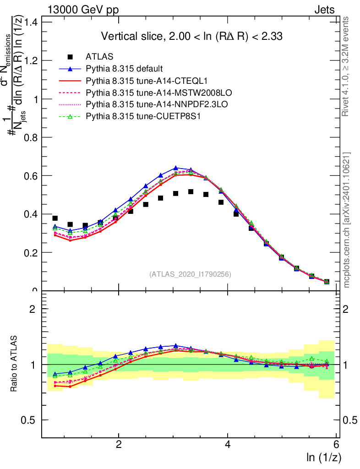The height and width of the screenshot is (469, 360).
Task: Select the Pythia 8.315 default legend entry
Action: point(124,69)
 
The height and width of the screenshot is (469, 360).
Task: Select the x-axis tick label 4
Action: point(228,444)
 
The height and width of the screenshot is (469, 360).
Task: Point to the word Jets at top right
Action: point(324,10)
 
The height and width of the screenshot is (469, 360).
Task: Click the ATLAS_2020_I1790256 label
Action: point(190,274)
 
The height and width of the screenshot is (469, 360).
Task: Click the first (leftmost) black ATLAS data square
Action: point(55,218)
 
